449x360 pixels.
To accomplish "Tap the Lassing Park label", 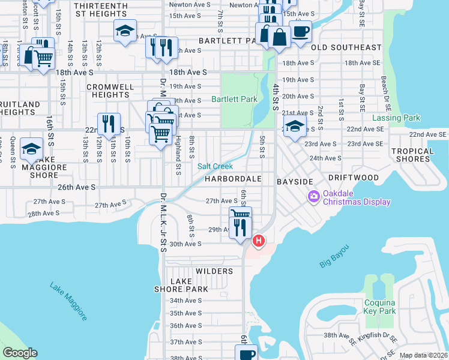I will point(397,119).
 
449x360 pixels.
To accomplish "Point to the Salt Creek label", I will point(215,166).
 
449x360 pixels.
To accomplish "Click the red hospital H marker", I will point(258,241).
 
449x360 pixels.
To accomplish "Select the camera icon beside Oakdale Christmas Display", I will point(313,196).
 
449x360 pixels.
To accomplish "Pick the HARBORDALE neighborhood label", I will point(234,179).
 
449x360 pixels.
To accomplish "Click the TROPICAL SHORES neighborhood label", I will point(412,155).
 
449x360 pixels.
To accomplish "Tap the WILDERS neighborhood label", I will point(214,271).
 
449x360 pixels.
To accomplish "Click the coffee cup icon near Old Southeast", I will point(300,31).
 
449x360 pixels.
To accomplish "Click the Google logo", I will point(20,353).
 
